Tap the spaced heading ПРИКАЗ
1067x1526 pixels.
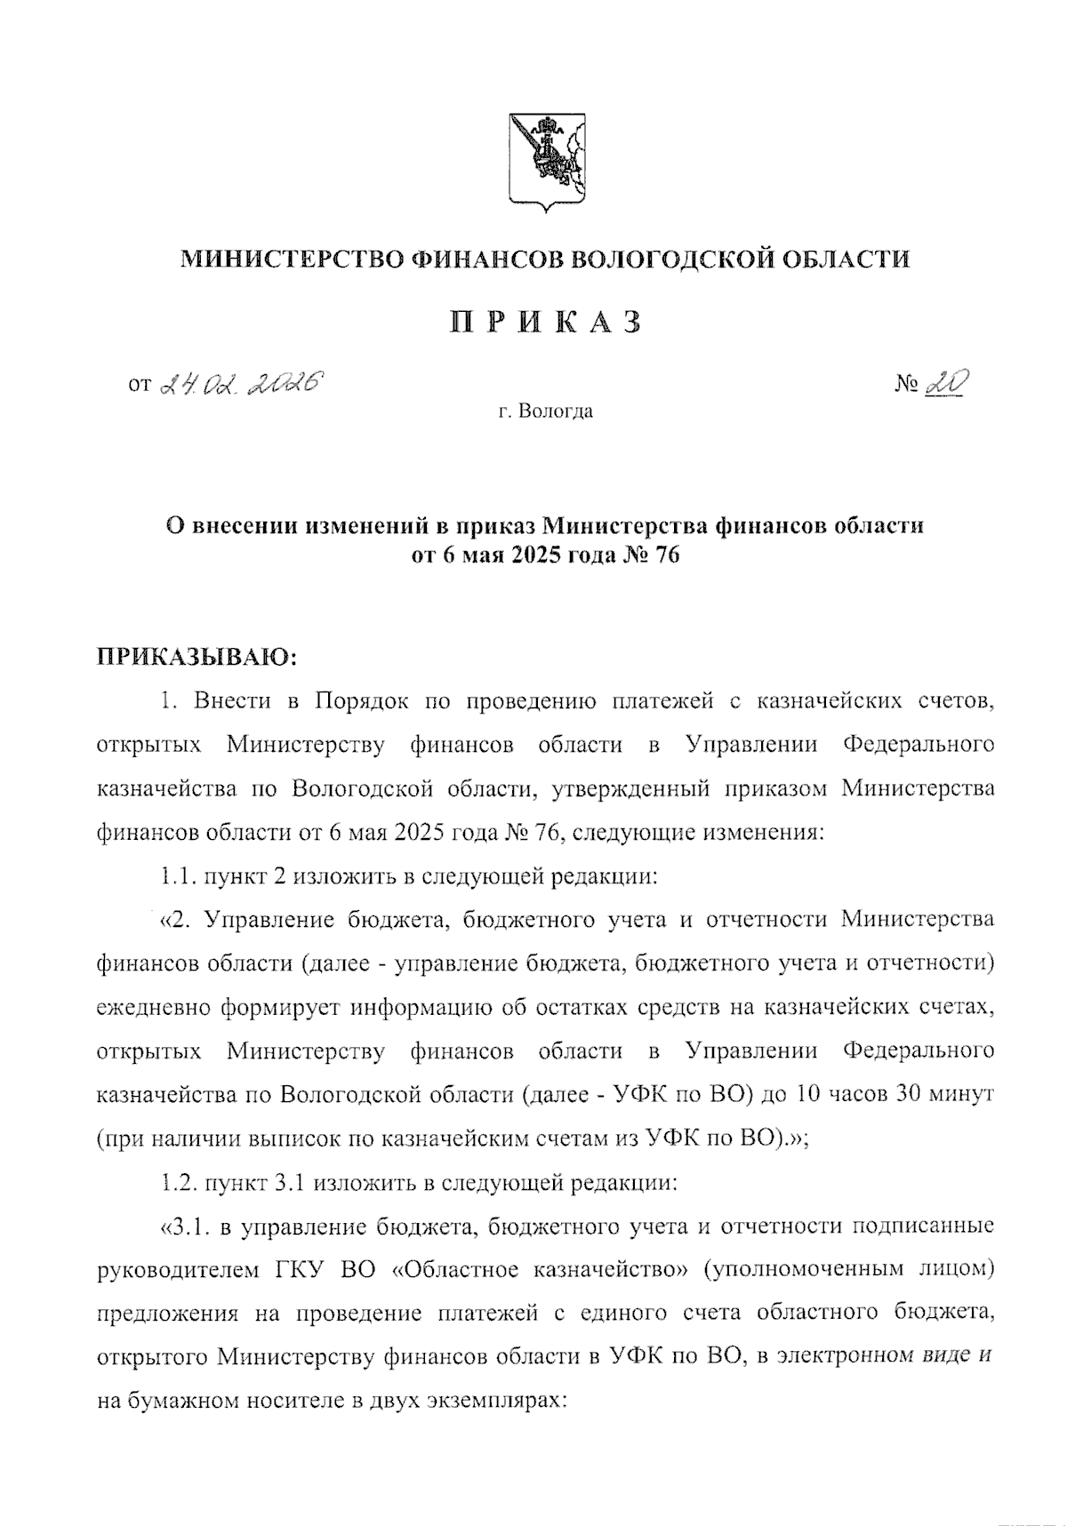[544, 322]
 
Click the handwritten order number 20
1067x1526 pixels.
[946, 383]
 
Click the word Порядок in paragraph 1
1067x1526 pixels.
[360, 701]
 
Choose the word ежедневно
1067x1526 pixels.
[153, 1008]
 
